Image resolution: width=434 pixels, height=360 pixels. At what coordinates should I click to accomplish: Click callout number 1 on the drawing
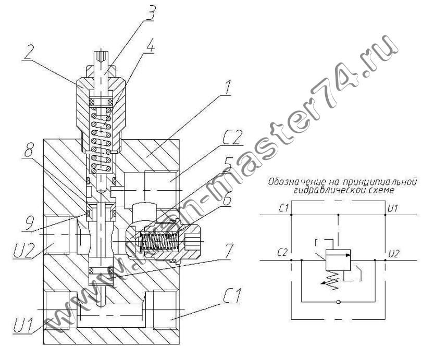pos(227,88)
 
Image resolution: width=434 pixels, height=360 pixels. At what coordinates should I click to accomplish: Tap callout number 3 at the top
pos(151,12)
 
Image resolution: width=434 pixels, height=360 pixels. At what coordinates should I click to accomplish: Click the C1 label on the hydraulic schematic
pos(284,208)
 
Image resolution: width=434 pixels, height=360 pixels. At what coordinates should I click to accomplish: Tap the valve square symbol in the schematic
pos(338,260)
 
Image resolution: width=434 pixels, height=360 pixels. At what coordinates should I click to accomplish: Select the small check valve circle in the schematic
pos(338,301)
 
